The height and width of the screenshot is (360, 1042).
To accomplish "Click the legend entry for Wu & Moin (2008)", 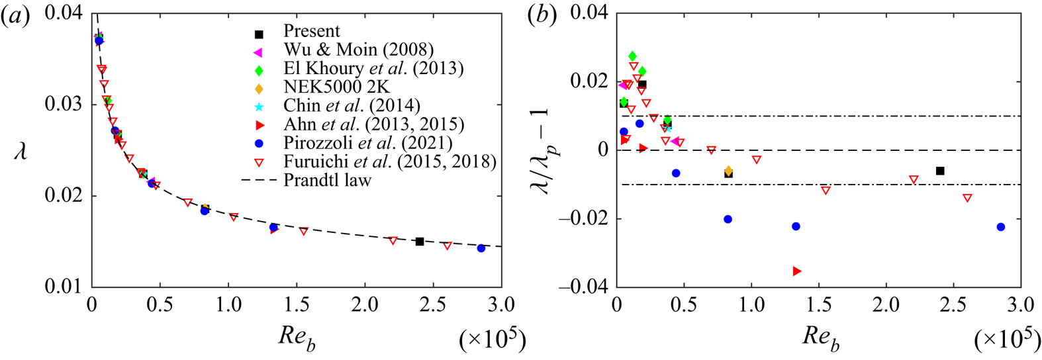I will [358, 50].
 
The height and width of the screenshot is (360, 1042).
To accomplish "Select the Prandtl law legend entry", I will [327, 180].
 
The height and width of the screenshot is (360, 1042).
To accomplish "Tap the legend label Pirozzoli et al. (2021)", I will [367, 143].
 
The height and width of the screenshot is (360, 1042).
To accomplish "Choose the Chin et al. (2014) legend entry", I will [352, 105].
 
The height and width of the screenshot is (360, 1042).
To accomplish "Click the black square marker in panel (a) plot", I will [420, 242].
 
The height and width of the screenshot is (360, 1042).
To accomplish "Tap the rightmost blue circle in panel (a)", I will [481, 248].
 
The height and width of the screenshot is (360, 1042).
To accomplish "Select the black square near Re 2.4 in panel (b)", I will [940, 171].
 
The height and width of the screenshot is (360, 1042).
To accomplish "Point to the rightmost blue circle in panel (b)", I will [1000, 227].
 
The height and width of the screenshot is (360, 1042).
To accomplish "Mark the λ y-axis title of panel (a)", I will [21, 153].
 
